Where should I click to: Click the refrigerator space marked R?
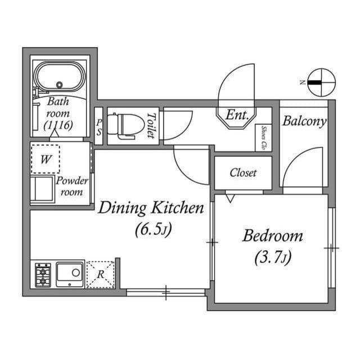pos(101,274)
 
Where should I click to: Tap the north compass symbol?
pos(319,82)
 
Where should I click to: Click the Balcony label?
pos(304,121)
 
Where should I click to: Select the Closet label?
pos(243,173)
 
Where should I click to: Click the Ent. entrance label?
pos(237,115)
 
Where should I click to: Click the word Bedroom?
pos(272,236)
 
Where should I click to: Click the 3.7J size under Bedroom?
pos(272,258)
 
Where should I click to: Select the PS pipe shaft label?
pos(99,126)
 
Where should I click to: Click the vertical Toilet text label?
pos(150,125)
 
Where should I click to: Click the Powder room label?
pos(72,186)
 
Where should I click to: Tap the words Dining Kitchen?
pos(151,209)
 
